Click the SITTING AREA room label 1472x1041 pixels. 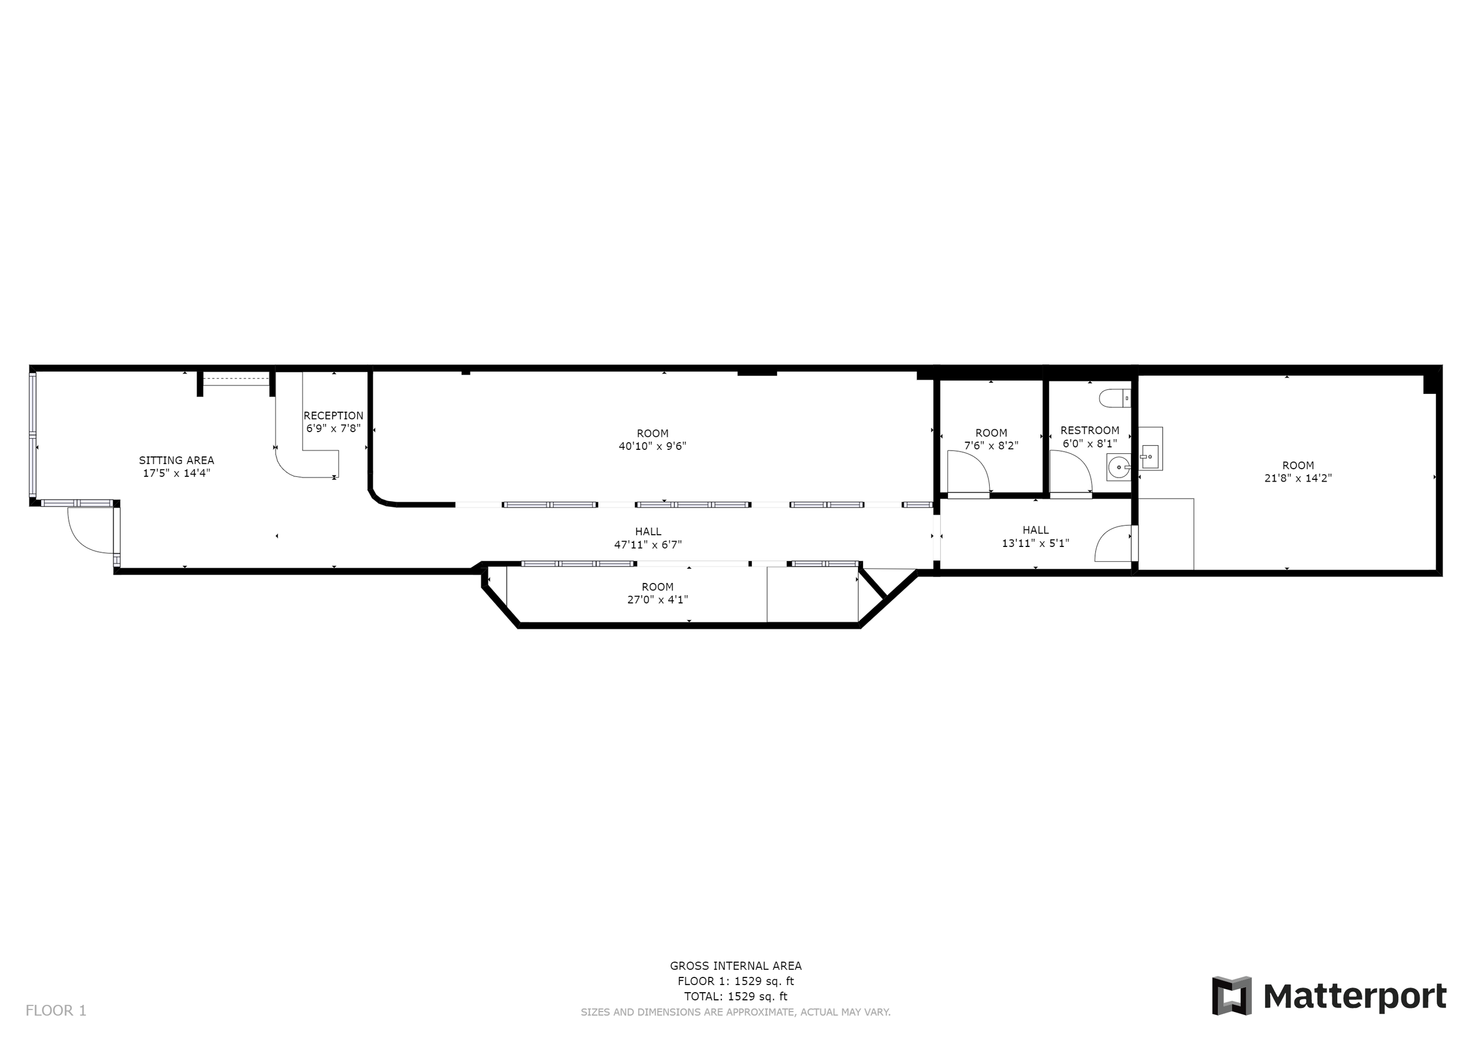tap(176, 460)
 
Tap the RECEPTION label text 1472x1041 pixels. tap(333, 415)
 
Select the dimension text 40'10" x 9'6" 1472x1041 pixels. tap(652, 446)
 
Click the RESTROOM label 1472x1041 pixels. tap(1089, 430)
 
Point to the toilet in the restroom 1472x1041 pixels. tap(1114, 399)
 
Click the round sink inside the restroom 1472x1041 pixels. tap(1118, 468)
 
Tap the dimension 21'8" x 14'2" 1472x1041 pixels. tap(1298, 478)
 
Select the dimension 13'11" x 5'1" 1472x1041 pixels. tap(1035, 543)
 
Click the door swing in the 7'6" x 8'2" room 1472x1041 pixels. tap(968, 471)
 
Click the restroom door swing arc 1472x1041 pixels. tap(1070, 471)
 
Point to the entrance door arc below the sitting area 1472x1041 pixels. tap(89, 532)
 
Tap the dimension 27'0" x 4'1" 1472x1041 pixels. tap(657, 599)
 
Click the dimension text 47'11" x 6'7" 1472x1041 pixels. tap(648, 544)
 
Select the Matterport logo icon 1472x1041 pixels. tap(1231, 996)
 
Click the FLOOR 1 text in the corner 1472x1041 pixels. tap(56, 1010)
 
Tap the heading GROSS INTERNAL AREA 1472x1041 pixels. tap(735, 966)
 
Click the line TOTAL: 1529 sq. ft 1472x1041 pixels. tap(735, 996)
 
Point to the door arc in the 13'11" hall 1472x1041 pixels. tap(1113, 543)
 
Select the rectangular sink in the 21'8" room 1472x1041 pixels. tap(1150, 456)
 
